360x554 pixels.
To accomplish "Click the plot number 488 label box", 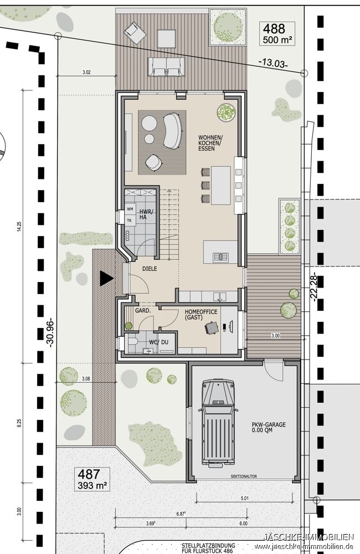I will click(x=278, y=34).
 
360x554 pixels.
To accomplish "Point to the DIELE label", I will click(x=149, y=269).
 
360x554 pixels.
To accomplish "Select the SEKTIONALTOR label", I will click(x=244, y=476).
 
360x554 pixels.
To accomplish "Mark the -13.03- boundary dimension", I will click(x=273, y=64).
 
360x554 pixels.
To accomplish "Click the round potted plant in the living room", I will click(x=226, y=112).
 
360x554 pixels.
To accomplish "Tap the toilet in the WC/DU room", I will click(x=131, y=343).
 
